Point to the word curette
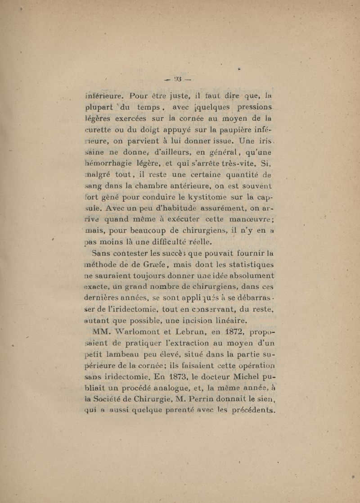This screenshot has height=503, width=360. click(x=99, y=131)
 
